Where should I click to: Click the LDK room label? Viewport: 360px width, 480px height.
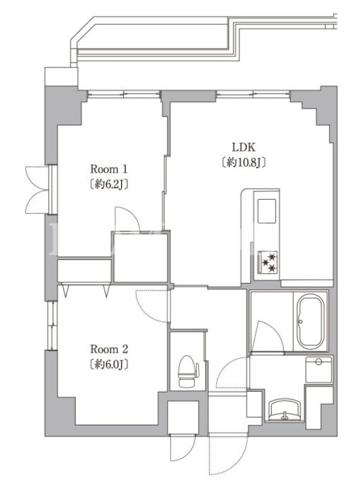(244, 148)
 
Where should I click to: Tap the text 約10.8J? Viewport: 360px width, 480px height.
(244, 163)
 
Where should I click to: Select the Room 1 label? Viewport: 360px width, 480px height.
(109, 169)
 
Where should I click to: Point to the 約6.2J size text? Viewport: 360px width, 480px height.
(109, 184)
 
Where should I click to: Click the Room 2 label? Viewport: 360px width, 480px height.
(109, 349)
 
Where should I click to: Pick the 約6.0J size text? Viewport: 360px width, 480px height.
(109, 364)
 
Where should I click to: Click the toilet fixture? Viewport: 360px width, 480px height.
(188, 371)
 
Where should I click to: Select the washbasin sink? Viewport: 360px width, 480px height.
(284, 410)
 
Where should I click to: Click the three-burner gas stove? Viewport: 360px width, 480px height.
(268, 262)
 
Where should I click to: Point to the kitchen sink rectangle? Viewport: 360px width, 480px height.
(266, 211)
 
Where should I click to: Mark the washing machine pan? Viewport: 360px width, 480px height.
(319, 370)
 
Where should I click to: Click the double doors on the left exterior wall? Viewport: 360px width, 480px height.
(37, 190)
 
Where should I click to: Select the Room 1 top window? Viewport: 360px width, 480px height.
(124, 94)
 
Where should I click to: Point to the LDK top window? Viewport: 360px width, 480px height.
(253, 94)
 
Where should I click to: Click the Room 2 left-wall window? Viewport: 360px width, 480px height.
(53, 325)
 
